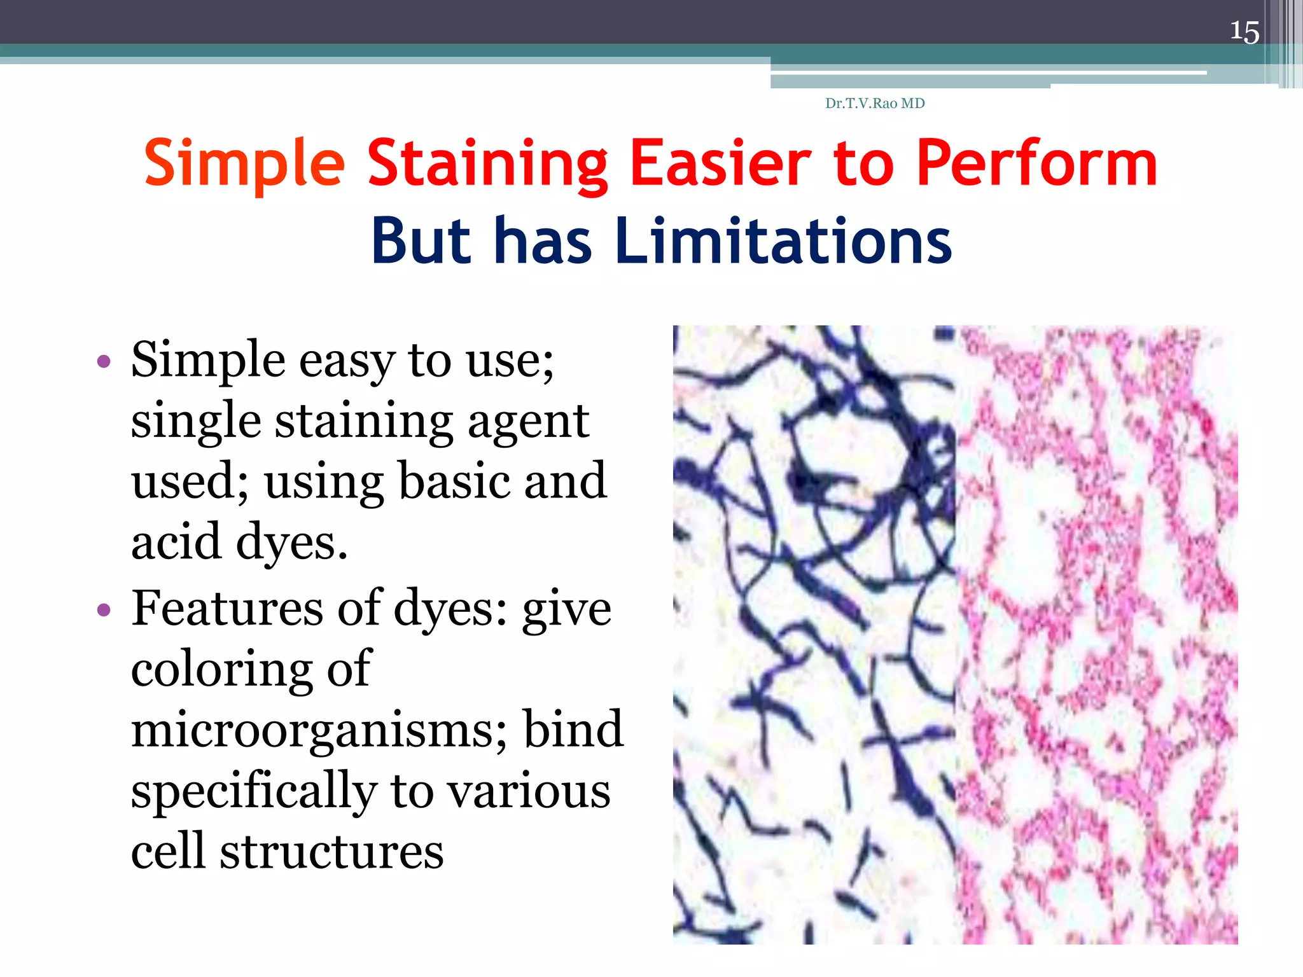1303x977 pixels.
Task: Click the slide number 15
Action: click(x=1244, y=32)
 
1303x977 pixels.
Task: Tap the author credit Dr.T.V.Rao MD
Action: click(x=875, y=103)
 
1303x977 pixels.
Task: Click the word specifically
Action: click(x=254, y=791)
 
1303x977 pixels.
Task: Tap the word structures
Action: click(x=331, y=851)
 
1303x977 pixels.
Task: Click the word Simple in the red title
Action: click(x=245, y=164)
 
